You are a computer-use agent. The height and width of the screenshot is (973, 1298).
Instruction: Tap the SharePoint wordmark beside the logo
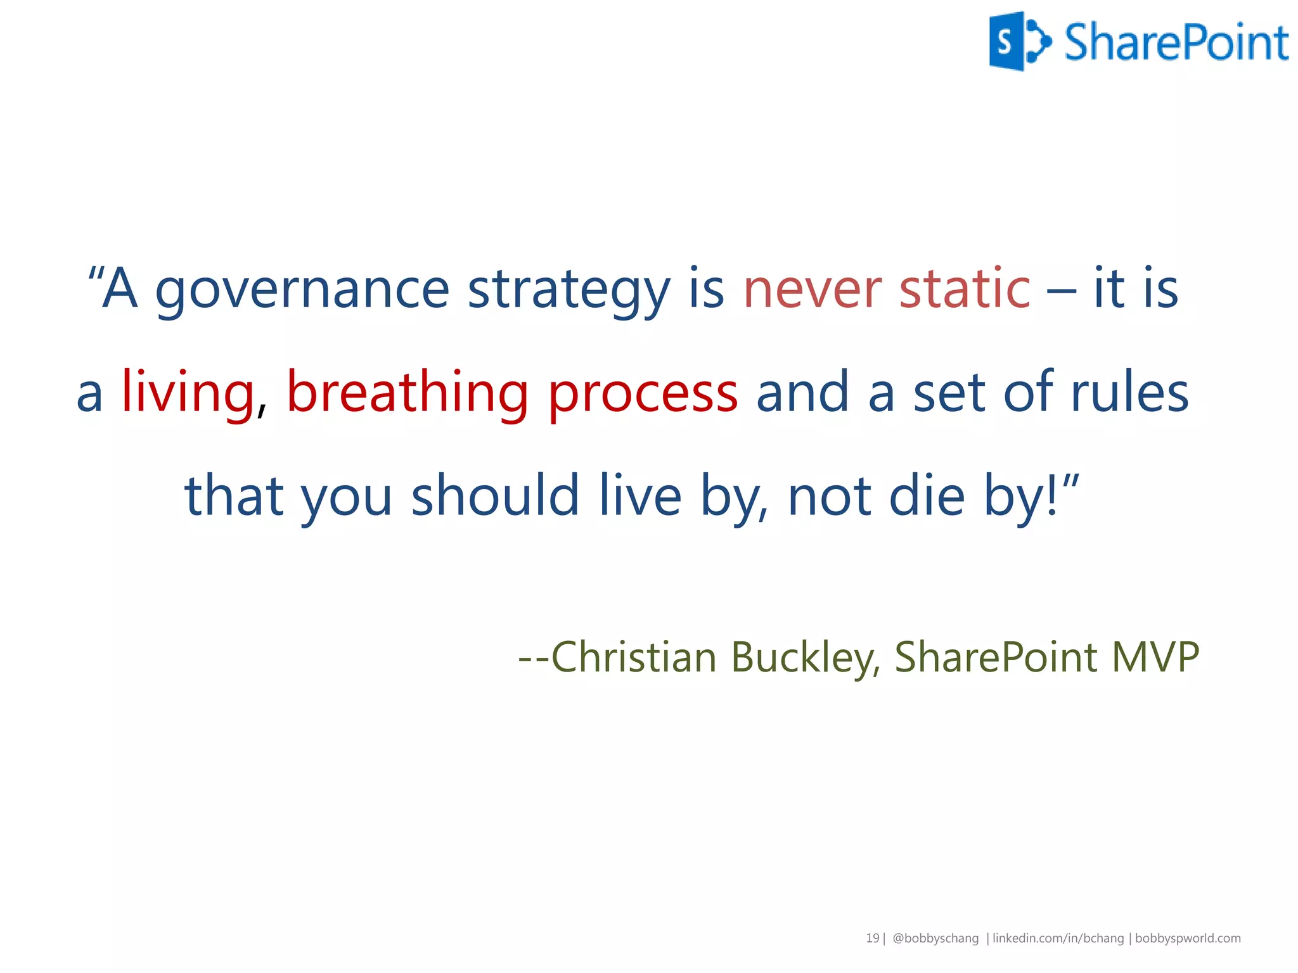click(x=1176, y=43)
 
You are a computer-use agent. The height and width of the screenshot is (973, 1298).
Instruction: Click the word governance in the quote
click(x=302, y=290)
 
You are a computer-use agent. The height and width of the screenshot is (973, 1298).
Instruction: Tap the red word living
click(x=188, y=393)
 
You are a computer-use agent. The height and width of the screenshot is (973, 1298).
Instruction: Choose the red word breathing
click(x=407, y=393)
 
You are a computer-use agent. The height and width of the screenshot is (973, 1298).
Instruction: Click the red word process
click(x=643, y=393)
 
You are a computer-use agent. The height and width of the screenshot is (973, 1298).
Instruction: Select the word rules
click(x=1129, y=393)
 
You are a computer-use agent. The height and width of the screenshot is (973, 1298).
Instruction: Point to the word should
click(x=495, y=495)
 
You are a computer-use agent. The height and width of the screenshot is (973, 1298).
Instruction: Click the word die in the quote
click(x=927, y=495)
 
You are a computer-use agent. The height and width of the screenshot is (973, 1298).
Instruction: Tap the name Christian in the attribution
click(x=634, y=657)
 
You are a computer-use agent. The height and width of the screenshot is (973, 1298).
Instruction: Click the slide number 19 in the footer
click(x=872, y=938)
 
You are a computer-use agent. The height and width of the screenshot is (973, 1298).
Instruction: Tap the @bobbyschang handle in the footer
click(x=935, y=938)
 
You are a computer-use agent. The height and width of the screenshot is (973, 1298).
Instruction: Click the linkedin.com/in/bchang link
click(x=1058, y=938)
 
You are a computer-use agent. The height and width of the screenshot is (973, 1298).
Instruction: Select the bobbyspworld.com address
click(x=1188, y=938)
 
